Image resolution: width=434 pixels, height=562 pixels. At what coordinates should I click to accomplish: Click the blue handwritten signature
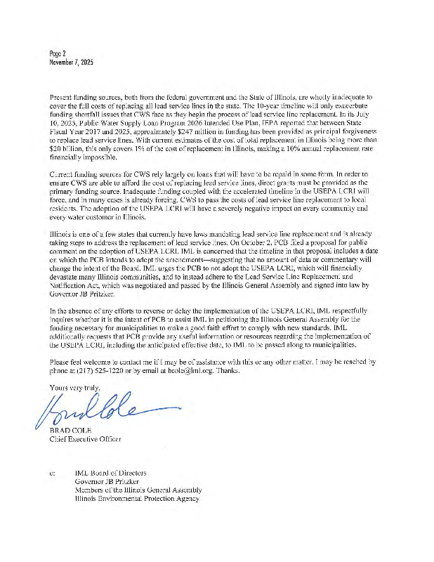(98, 410)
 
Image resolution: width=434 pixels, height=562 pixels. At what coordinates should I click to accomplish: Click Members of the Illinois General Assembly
(138, 490)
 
